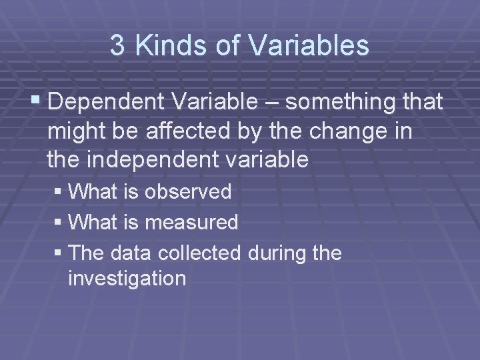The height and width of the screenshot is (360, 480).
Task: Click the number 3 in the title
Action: click(x=117, y=46)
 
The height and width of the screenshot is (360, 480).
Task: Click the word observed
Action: click(x=188, y=193)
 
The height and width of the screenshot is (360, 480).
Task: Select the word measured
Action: click(x=191, y=223)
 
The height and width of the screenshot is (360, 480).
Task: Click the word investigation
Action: click(x=127, y=278)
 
